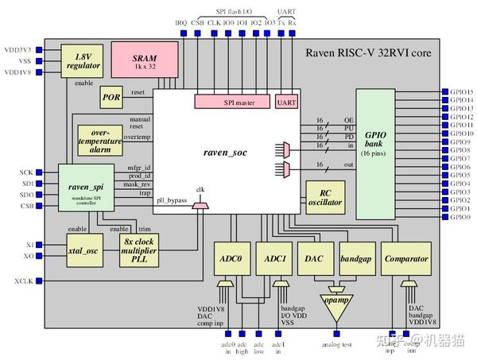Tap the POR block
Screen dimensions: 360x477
pos(111,97)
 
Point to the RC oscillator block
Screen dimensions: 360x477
pos(325,199)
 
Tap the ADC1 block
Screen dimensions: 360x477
pos(276,259)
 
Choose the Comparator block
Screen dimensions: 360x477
pos(405,259)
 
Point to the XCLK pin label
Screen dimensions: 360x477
pos(23,281)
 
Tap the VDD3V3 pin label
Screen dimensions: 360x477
pos(18,49)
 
